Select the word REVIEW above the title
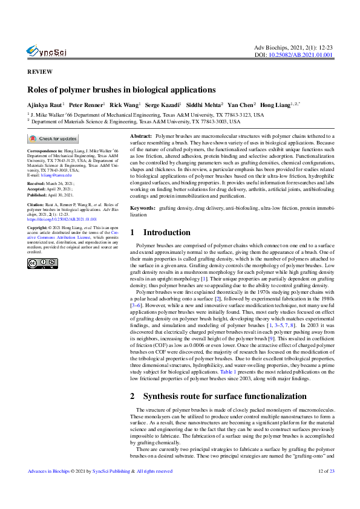(x=39, y=71)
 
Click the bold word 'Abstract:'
(x=141, y=138)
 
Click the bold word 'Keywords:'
(x=143, y=207)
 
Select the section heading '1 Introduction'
(x=160, y=232)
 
